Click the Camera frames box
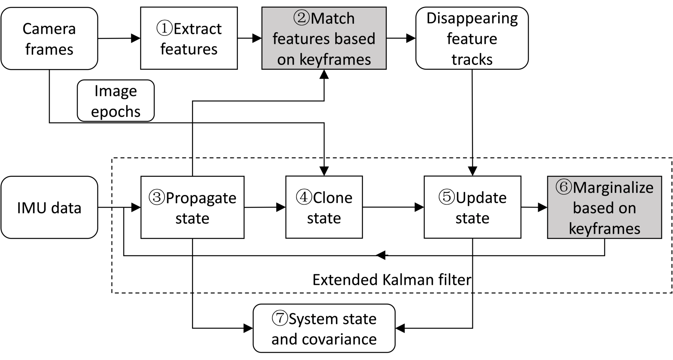coord(49,38)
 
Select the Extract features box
coord(189,38)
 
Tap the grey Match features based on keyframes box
coord(324,38)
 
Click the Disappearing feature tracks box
coord(472,38)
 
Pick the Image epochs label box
coord(116,101)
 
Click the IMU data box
coord(49,207)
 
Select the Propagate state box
coord(192,207)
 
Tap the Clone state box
coord(324,207)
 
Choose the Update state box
coord(472,207)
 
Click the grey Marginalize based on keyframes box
coord(605,207)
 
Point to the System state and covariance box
coord(324,328)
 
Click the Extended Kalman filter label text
coord(392,280)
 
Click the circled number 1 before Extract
coord(164,28)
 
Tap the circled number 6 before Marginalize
coord(564,187)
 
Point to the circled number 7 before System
coord(280,318)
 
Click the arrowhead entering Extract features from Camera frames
coord(136,38)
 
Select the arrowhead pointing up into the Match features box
coord(324,74)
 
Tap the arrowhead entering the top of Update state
coord(472,171)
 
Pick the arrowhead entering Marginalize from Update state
coord(543,207)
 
